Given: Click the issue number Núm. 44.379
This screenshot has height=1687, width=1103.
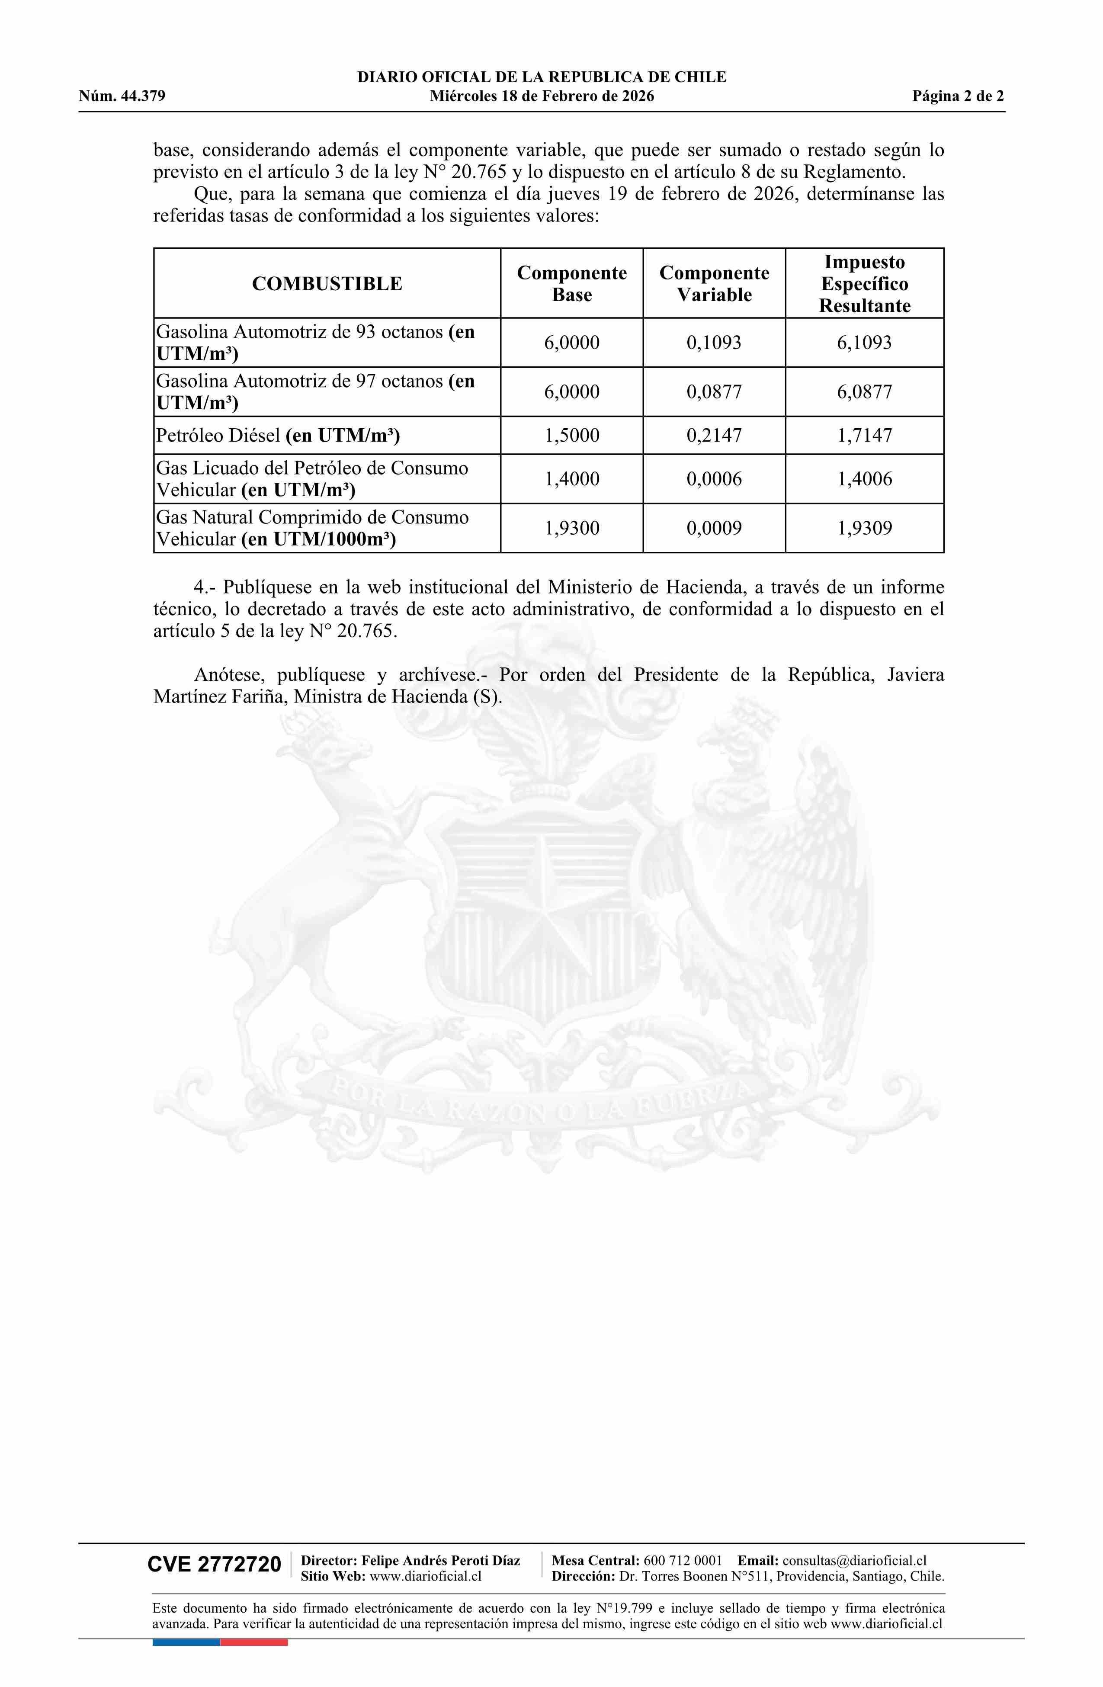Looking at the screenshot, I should (x=122, y=96).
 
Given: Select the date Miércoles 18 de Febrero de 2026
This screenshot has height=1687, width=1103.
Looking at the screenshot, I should (x=542, y=96).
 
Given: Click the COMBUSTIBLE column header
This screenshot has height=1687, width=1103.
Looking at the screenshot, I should (x=327, y=283).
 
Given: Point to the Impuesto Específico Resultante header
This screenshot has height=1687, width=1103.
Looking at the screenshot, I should (x=864, y=283).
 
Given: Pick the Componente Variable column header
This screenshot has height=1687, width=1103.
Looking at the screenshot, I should (x=714, y=283).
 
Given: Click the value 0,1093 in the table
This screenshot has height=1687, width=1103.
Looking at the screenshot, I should (x=714, y=343).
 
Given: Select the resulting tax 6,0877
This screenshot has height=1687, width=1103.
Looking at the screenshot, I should (x=864, y=392).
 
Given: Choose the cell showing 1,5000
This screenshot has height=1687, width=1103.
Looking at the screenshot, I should (x=571, y=435).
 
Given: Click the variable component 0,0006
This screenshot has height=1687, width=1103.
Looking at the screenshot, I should (x=714, y=479).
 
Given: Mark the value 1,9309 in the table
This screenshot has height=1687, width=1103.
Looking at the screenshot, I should (x=864, y=528).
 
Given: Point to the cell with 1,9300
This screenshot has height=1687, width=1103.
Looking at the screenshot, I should (x=571, y=528).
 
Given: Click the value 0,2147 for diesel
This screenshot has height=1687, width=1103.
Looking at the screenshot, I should (x=714, y=435).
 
